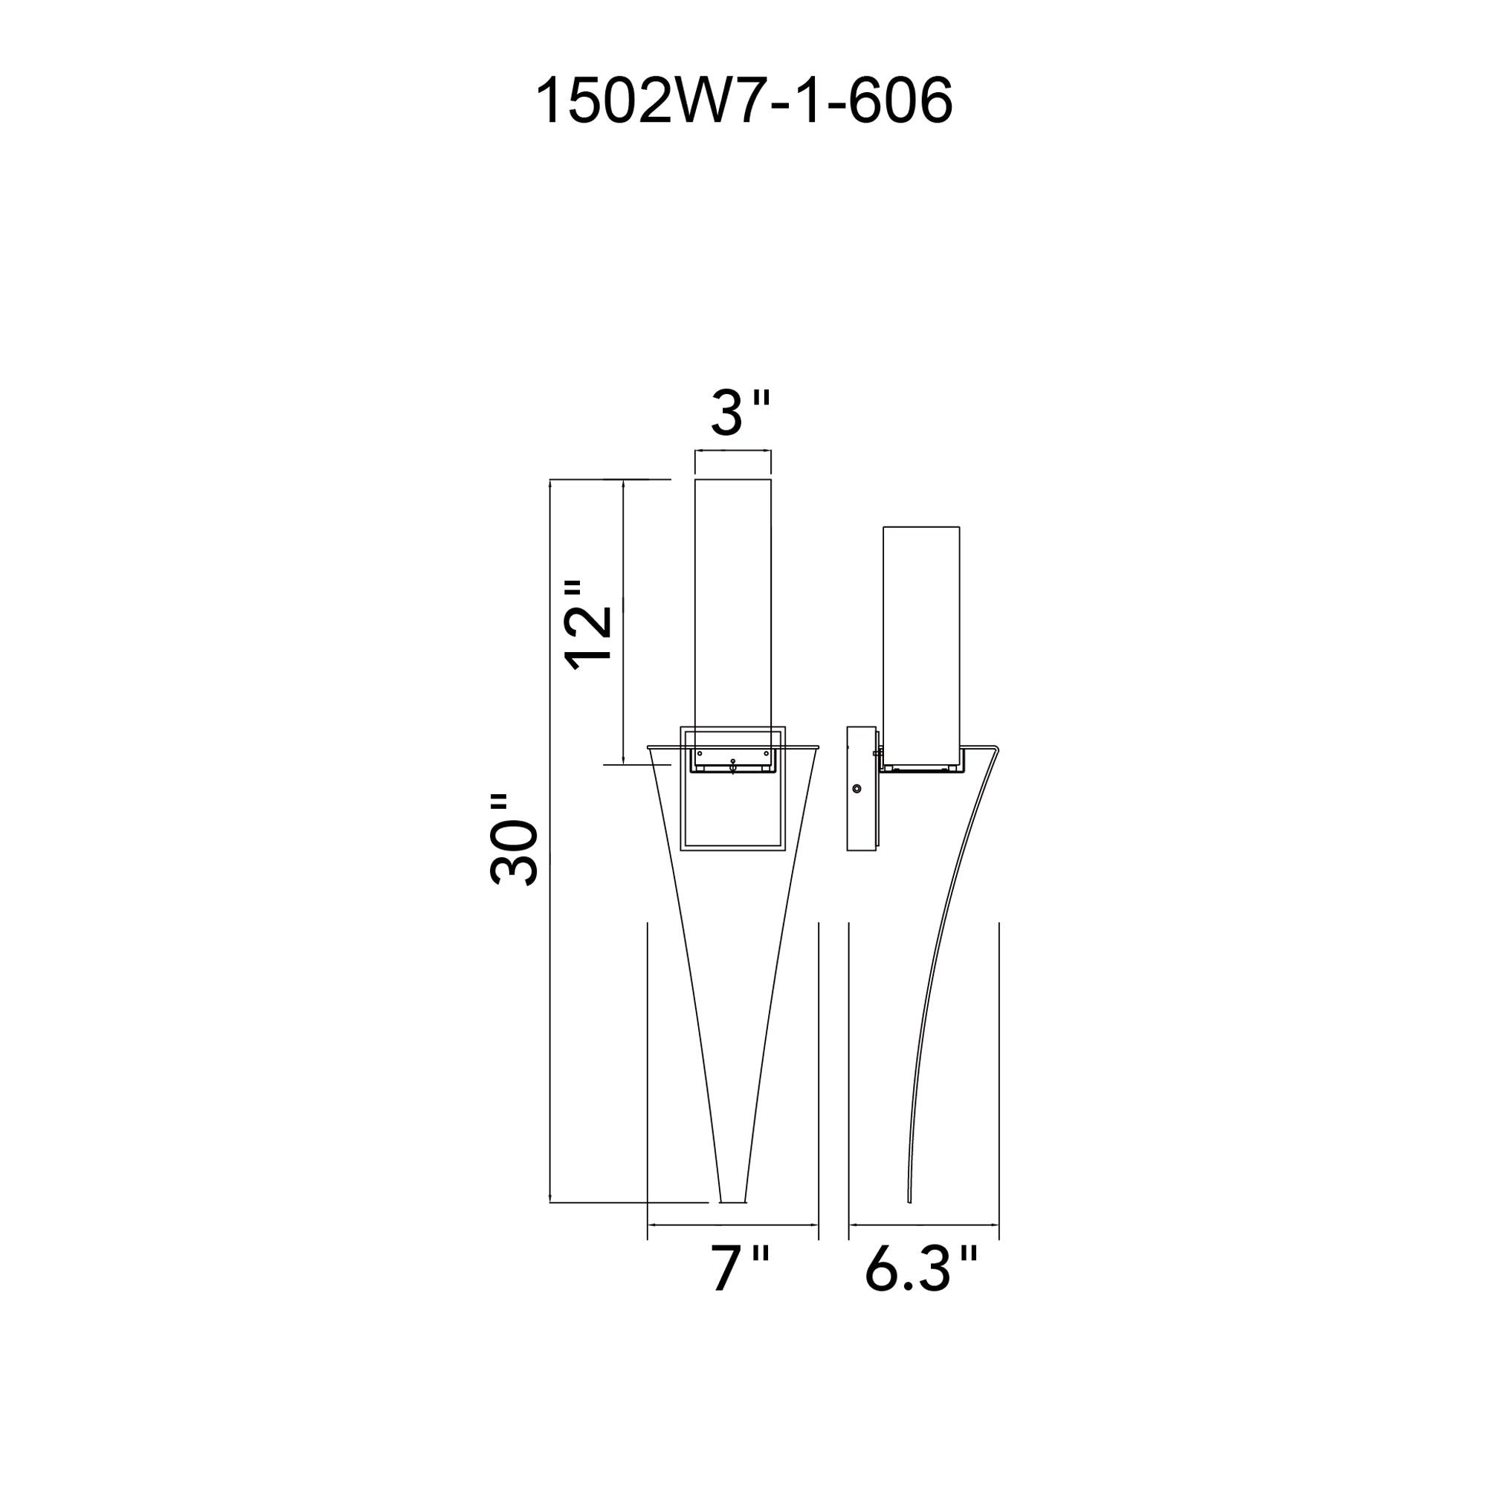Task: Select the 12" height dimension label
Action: pos(589,626)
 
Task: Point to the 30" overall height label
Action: pos(513,839)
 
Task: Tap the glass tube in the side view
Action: pos(921,648)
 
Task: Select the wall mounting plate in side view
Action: pos(861,789)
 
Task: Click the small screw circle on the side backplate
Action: pos(857,789)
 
